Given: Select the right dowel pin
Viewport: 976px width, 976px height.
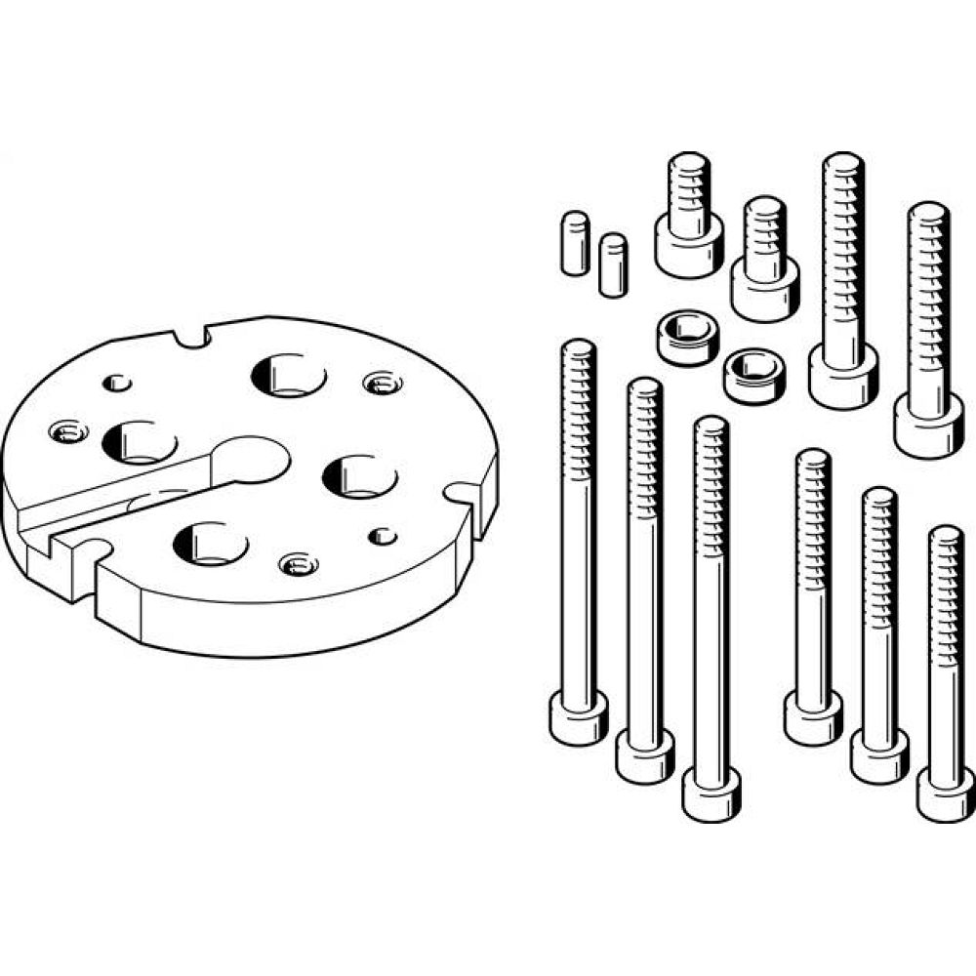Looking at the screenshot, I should click(x=613, y=264).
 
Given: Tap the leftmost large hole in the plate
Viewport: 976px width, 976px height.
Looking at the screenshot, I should click(x=139, y=442).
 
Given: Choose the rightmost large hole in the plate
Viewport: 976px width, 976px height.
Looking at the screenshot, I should click(x=360, y=475).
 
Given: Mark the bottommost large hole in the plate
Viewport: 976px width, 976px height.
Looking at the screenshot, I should click(x=211, y=543).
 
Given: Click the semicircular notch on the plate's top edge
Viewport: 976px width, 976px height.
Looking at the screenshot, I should click(x=192, y=337).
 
